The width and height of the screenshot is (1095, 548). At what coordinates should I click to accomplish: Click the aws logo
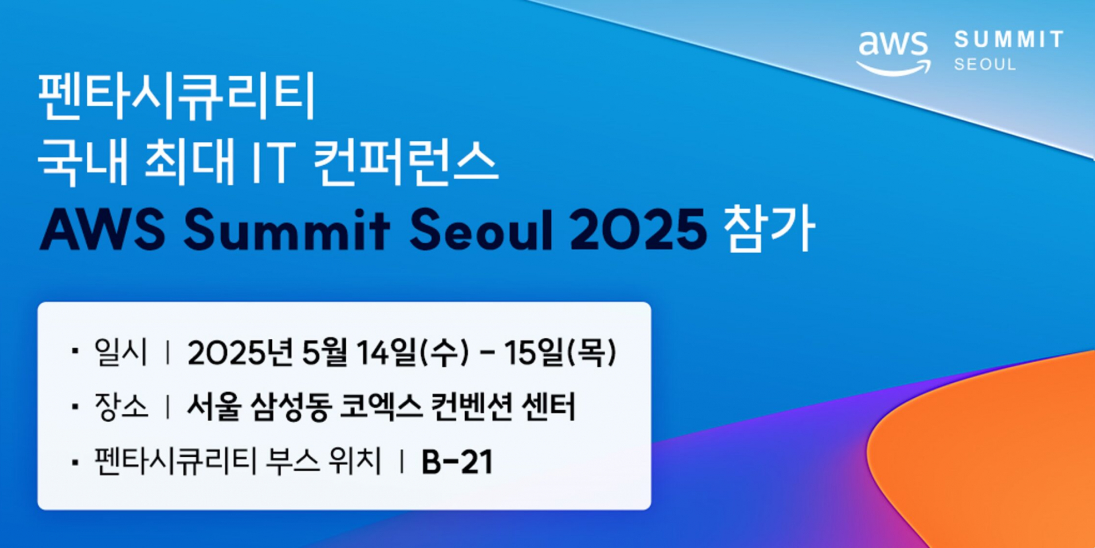(893, 53)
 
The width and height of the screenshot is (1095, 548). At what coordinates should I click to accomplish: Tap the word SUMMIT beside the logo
(1008, 40)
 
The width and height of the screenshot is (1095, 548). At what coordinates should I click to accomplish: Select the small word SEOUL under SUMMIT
(985, 65)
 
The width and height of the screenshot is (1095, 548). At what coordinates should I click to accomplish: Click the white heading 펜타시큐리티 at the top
(177, 96)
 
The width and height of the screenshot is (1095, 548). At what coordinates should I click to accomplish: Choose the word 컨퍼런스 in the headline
(406, 162)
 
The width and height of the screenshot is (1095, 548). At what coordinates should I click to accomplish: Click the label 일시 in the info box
(121, 352)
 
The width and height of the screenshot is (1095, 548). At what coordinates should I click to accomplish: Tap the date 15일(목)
(560, 353)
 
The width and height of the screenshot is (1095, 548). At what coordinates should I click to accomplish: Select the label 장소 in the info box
(121, 407)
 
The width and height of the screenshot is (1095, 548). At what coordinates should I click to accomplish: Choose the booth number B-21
(457, 462)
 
